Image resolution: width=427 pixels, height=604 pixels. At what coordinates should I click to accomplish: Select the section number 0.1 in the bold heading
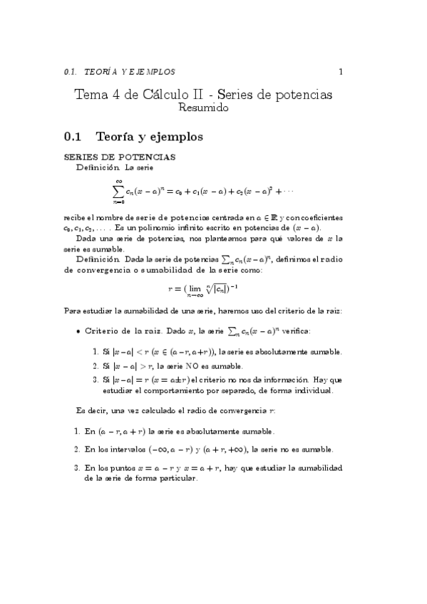73,136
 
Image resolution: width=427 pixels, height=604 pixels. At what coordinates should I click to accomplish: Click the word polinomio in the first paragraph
148,227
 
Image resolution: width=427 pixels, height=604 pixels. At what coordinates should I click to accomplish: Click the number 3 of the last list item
76,469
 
